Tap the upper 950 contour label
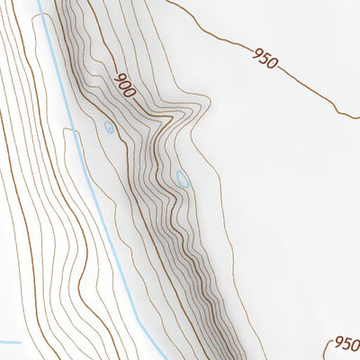(266, 60)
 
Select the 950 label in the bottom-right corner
(346, 344)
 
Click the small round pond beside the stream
(109, 128)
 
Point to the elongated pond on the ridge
(183, 179)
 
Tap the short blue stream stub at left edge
(9, 342)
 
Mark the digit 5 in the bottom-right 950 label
(346, 344)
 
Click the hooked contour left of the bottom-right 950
(326, 349)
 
